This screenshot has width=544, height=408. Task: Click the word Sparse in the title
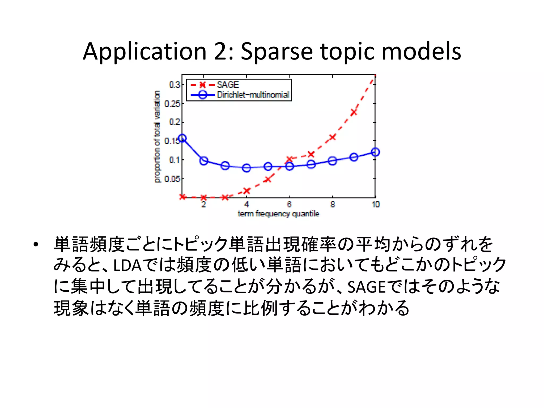(x=277, y=52)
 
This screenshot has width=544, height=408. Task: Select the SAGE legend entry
(x=228, y=85)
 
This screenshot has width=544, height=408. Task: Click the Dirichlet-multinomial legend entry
(x=253, y=95)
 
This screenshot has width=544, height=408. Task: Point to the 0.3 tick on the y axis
(x=175, y=85)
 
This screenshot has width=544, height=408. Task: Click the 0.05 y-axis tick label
(x=172, y=179)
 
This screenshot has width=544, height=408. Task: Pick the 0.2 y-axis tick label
(x=175, y=122)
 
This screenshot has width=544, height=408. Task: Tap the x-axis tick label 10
(x=375, y=204)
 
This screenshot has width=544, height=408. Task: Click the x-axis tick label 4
(x=246, y=204)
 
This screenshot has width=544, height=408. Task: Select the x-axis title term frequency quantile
(x=278, y=214)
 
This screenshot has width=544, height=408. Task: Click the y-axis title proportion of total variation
(x=157, y=137)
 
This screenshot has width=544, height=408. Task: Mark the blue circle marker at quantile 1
(x=182, y=138)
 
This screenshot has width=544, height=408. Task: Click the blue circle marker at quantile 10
(x=375, y=152)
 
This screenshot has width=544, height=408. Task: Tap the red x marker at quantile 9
(x=354, y=112)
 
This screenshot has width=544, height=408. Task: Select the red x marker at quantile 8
(x=332, y=137)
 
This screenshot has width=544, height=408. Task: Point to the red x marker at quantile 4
(x=247, y=191)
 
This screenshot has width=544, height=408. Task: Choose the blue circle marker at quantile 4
(x=246, y=168)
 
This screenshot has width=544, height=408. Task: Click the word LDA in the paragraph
(x=127, y=265)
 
